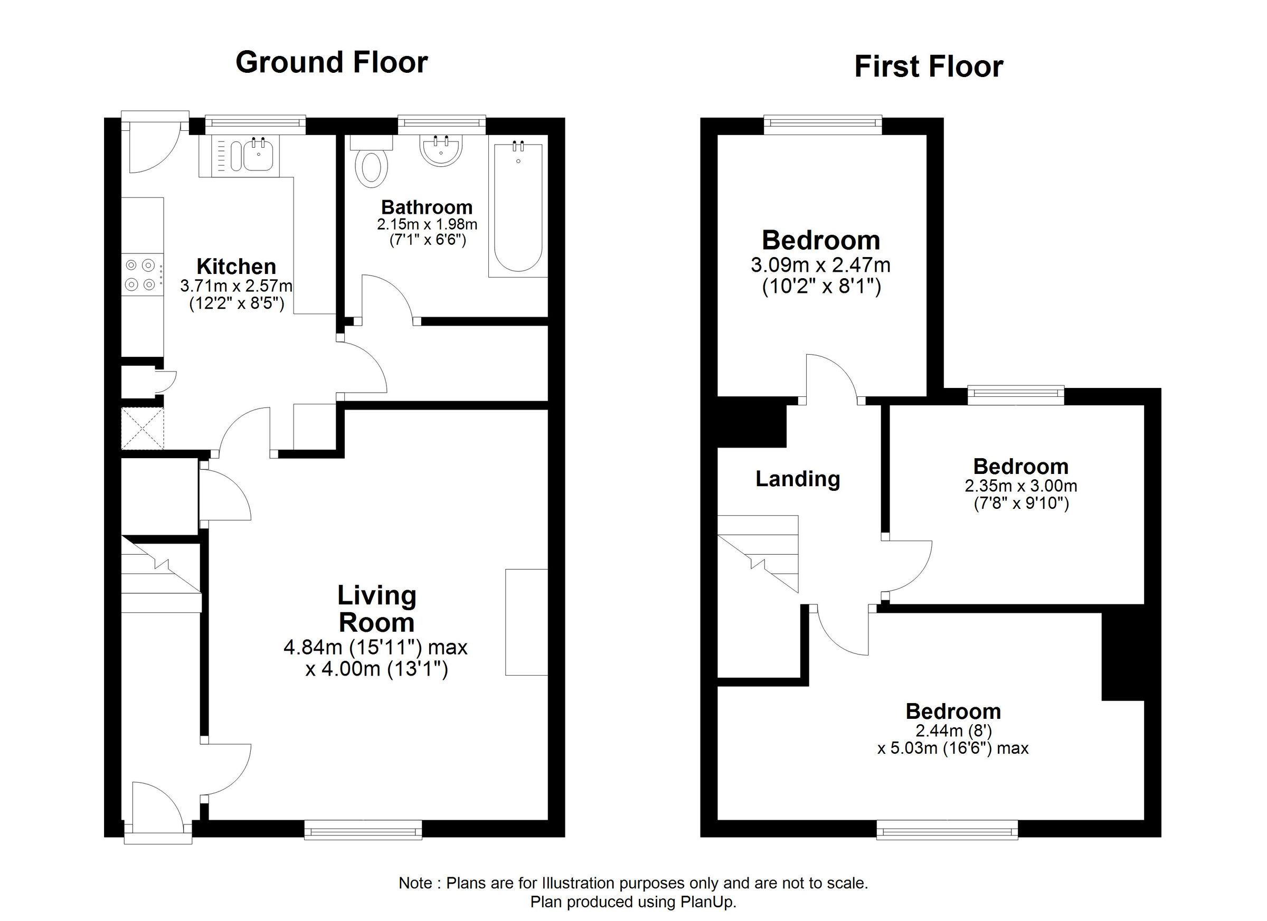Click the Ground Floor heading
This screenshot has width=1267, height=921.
(x=332, y=62)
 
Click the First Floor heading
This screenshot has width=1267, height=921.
(x=929, y=67)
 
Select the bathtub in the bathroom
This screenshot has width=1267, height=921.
(x=518, y=211)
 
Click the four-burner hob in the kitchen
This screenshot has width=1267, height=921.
(x=142, y=275)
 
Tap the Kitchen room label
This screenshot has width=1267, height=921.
(x=237, y=267)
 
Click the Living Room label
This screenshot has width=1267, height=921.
(x=376, y=609)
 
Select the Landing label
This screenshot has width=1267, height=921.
(x=798, y=479)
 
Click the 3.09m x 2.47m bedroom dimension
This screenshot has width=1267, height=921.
(x=820, y=265)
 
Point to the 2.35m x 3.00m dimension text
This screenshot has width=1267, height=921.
(x=1020, y=486)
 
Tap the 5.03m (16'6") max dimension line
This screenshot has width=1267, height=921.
(x=952, y=748)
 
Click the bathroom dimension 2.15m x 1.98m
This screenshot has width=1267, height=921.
(x=427, y=224)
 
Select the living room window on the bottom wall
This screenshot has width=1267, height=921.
(x=363, y=830)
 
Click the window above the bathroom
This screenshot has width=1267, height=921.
(x=441, y=125)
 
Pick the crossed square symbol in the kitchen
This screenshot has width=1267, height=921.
(x=143, y=429)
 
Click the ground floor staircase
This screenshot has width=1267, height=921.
(x=162, y=574)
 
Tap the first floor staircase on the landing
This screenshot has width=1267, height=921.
(x=758, y=554)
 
